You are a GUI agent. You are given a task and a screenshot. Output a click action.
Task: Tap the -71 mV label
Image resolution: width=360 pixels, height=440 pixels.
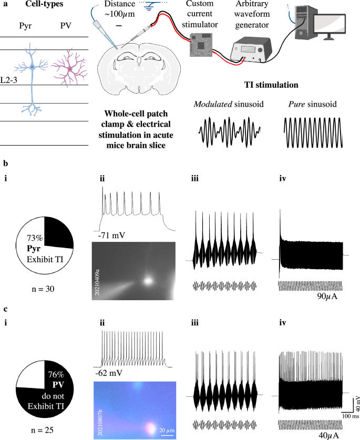tap(111, 234)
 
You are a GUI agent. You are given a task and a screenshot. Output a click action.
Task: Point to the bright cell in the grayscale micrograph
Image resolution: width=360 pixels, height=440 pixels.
tap(149, 280)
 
